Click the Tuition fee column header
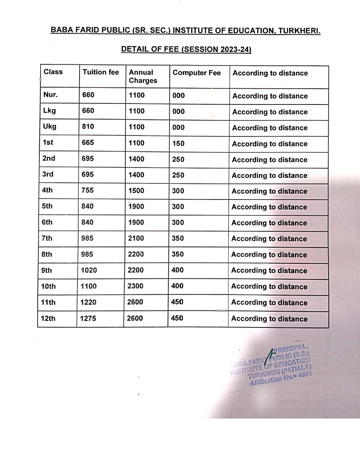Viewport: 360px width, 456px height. (x=100, y=72)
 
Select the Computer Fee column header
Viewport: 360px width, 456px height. (x=197, y=73)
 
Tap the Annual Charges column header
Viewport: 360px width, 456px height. (x=143, y=76)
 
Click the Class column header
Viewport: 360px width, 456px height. (x=53, y=72)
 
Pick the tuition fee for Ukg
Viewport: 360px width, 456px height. (x=88, y=126)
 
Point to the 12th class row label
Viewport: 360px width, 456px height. (x=48, y=318)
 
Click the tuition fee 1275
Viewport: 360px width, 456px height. (x=88, y=318)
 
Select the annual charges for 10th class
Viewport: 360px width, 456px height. (x=135, y=286)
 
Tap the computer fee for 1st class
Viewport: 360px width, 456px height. (x=178, y=143)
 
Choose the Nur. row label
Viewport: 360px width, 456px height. (x=50, y=95)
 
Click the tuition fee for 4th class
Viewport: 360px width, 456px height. (x=87, y=190)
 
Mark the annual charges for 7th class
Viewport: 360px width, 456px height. (x=136, y=238)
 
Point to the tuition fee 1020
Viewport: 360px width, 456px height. (x=89, y=270)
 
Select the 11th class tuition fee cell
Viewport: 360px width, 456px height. (x=88, y=302)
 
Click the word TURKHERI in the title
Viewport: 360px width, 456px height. (x=299, y=31)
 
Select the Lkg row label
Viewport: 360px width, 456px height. (x=49, y=111)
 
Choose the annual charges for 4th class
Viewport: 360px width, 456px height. (x=136, y=191)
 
